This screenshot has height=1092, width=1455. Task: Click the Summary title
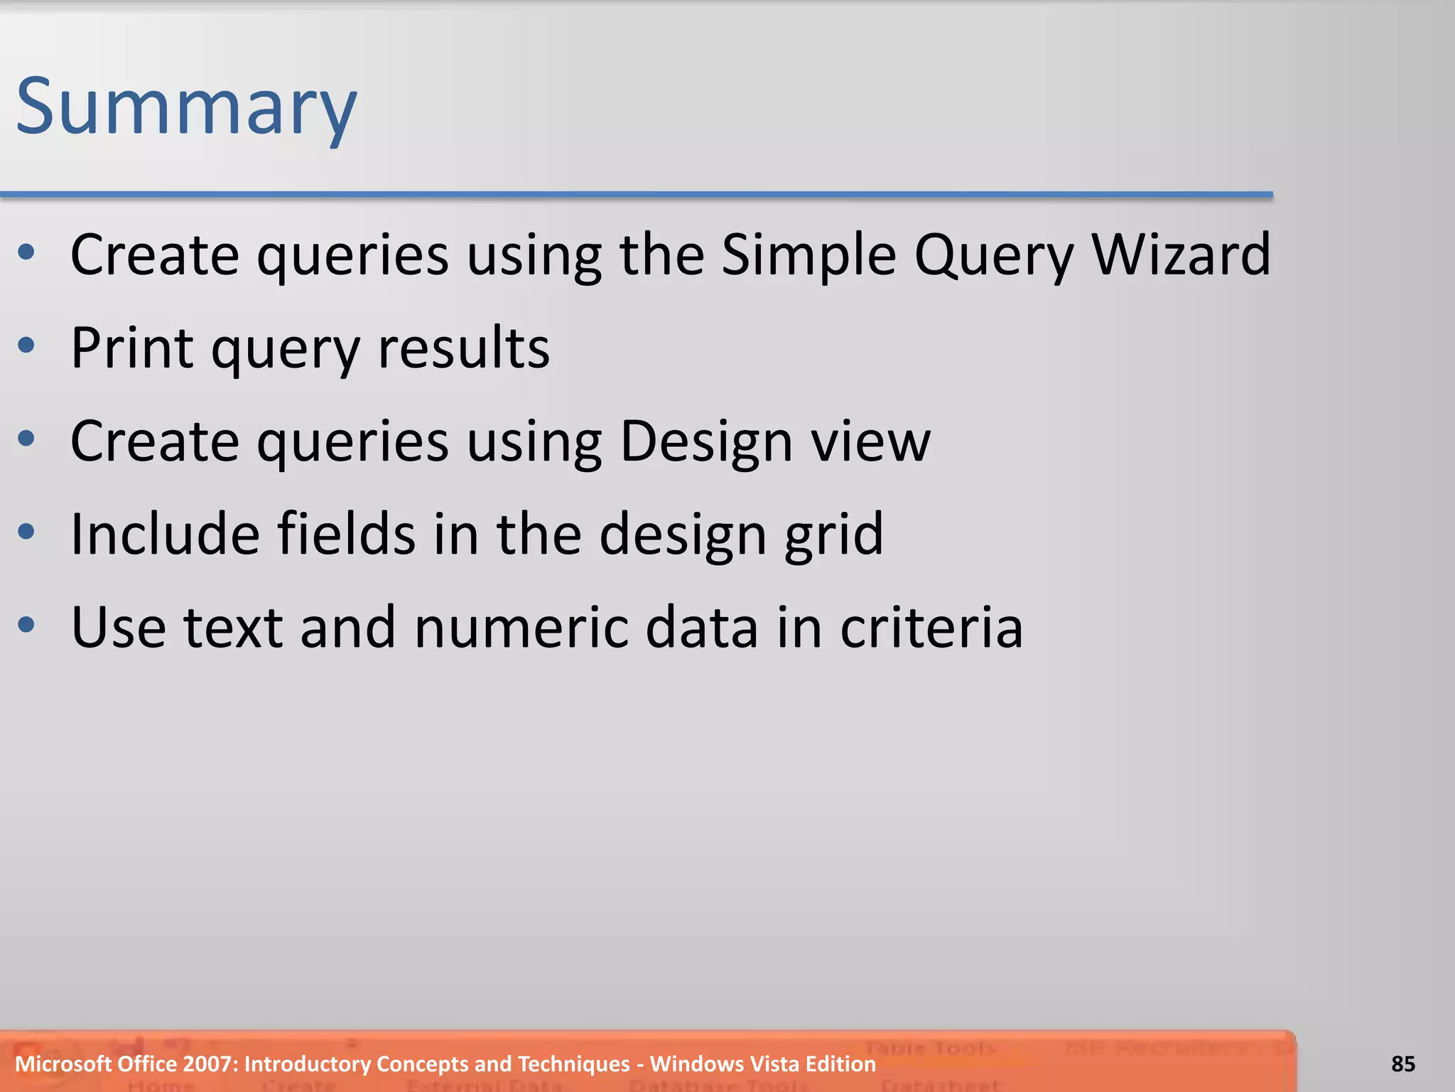[186, 108]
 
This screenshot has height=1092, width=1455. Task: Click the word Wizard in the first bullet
[1181, 255]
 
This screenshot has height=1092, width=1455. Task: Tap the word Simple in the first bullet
[808, 255]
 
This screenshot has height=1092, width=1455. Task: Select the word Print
[132, 348]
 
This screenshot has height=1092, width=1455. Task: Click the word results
[464, 348]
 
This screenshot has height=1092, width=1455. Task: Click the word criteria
[931, 627]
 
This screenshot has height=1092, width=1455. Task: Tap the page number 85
[1403, 1064]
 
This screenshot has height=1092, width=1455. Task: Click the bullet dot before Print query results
[26, 346]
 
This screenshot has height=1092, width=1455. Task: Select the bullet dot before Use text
[26, 625]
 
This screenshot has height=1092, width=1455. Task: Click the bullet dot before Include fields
[26, 532]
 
